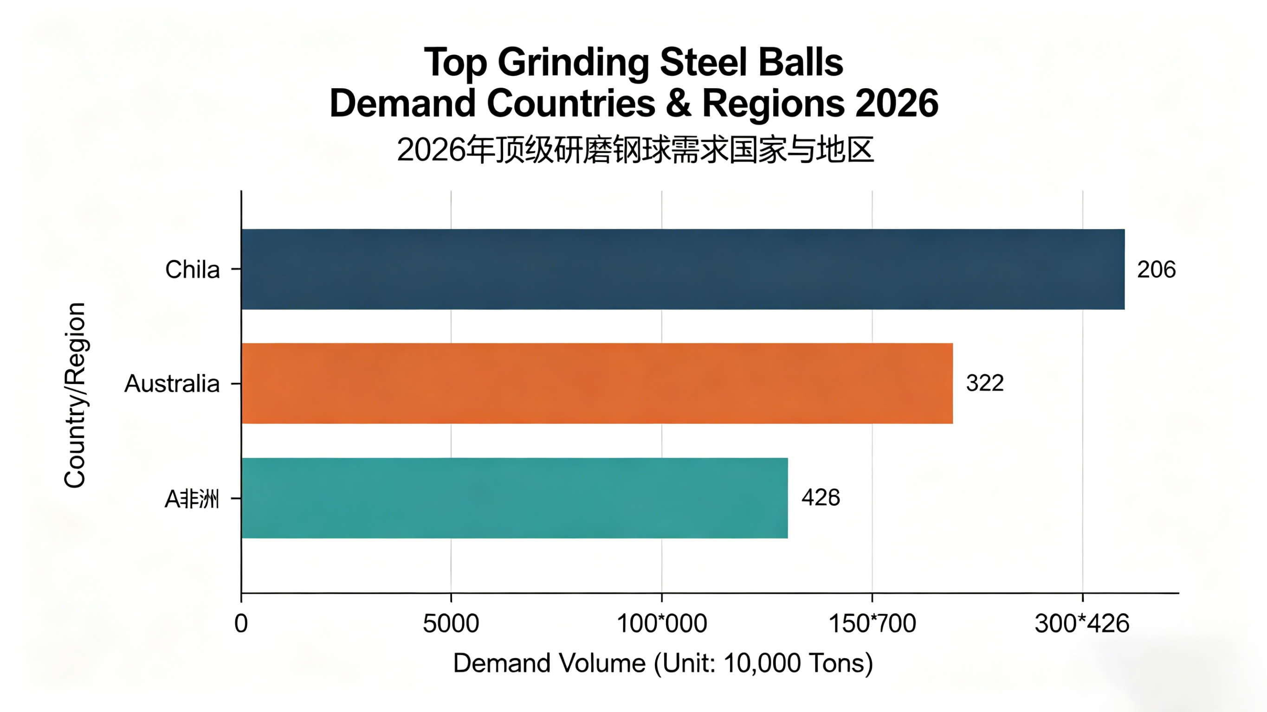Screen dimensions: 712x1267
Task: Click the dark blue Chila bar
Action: click(683, 269)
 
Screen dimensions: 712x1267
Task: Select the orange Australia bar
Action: click(597, 383)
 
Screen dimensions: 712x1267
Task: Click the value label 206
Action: click(1156, 269)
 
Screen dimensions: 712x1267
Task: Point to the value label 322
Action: click(984, 383)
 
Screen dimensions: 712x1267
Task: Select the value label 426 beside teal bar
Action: click(821, 498)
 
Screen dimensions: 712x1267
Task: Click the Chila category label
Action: click(192, 269)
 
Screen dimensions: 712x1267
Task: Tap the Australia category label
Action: click(172, 384)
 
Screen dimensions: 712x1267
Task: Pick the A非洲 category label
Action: click(191, 499)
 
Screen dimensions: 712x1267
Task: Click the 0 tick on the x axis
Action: click(241, 623)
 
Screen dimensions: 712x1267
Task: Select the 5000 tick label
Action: click(451, 623)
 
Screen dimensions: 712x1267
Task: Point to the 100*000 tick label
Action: click(661, 623)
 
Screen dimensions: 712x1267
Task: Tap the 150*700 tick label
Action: click(872, 623)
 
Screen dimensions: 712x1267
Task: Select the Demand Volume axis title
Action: click(663, 663)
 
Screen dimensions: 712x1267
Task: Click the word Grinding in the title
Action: click(574, 63)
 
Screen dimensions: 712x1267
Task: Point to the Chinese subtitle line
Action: click(634, 149)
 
